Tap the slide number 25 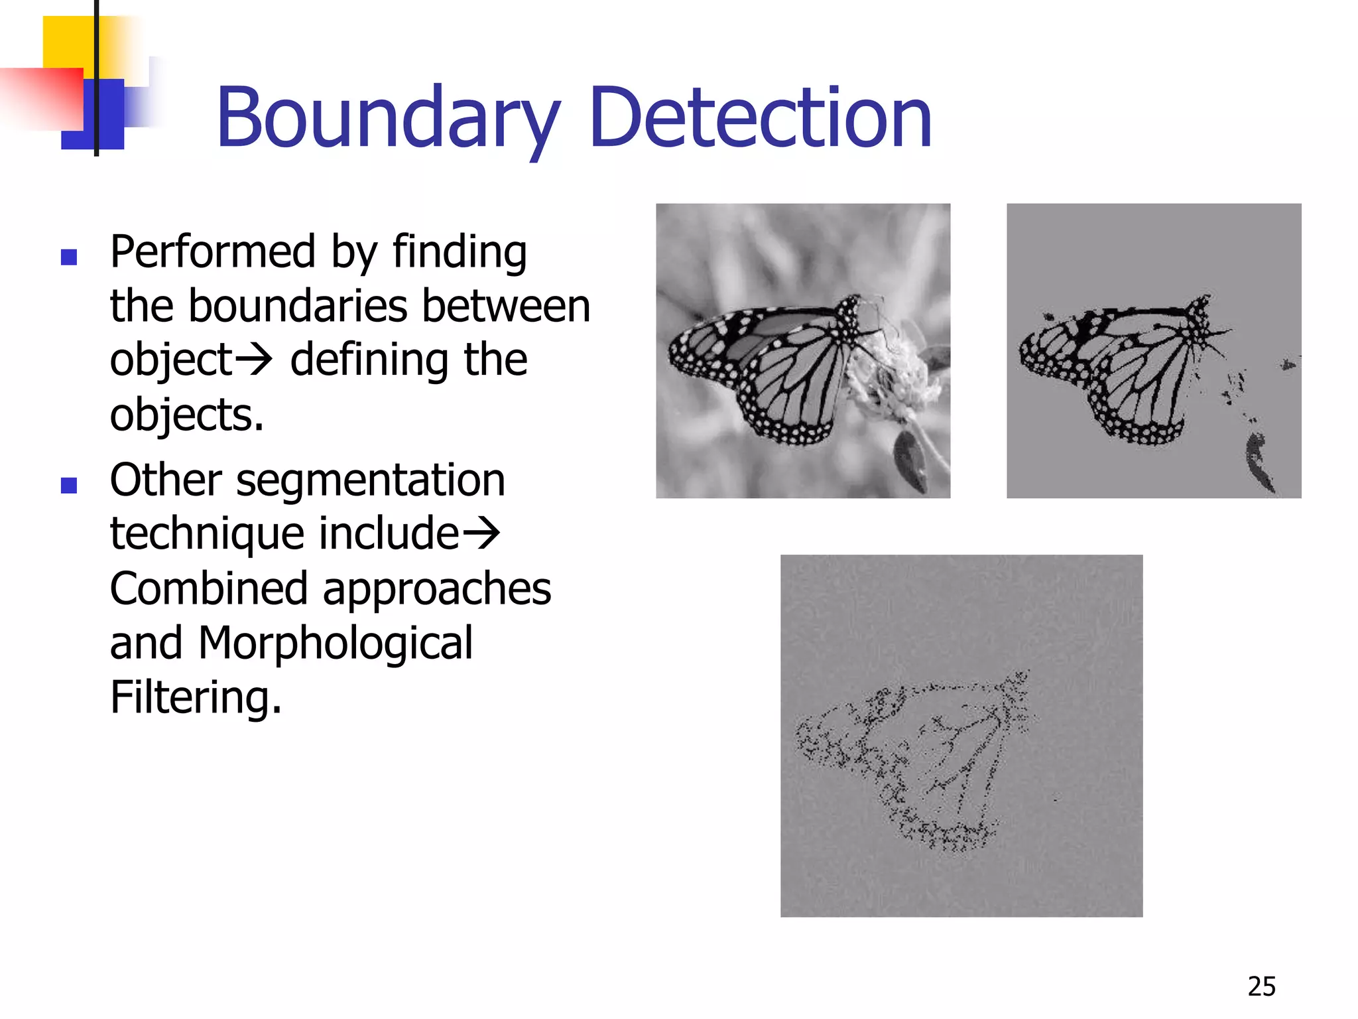pyautogui.click(x=1261, y=986)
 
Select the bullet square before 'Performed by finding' pyautogui.click(x=69, y=257)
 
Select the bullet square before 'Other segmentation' pyautogui.click(x=69, y=486)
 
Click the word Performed pyautogui.click(x=212, y=252)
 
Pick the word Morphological pyautogui.click(x=336, y=643)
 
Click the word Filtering pyautogui.click(x=196, y=698)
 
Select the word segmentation pyautogui.click(x=371, y=480)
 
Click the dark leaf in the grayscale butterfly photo pyautogui.click(x=910, y=458)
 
